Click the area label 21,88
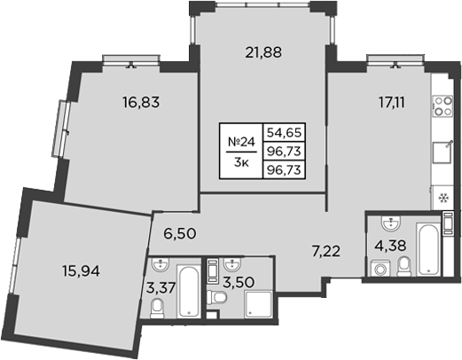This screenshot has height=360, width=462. [263, 52]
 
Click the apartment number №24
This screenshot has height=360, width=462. [241, 142]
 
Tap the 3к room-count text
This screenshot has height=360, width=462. [241, 163]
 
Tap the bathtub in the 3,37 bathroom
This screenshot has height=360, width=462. [191, 291]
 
